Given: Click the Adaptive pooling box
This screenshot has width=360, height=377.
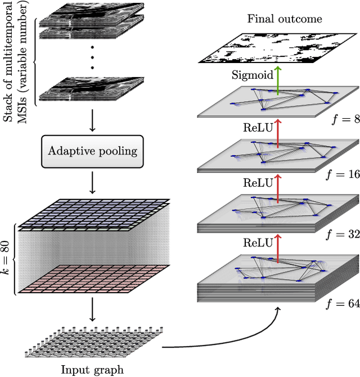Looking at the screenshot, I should (x=92, y=151).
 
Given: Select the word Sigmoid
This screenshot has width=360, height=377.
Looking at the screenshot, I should (x=253, y=75).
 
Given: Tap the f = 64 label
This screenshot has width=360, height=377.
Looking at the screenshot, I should (x=341, y=304).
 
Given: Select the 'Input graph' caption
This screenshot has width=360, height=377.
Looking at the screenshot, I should (x=92, y=370).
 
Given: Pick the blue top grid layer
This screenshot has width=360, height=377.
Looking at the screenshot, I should (x=93, y=214).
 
